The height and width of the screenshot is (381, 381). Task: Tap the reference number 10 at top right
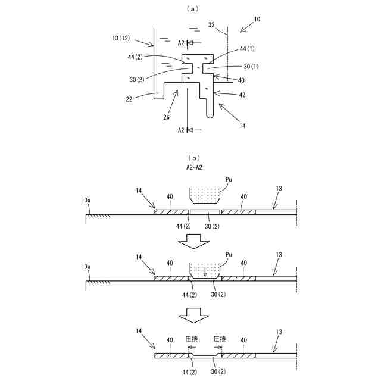256,19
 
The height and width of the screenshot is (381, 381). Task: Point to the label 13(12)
123,38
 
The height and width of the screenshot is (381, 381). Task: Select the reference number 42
242,94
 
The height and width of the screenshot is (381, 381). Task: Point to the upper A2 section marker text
181,42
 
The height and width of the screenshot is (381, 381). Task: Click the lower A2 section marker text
181,129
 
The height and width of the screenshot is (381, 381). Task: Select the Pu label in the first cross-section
229,177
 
